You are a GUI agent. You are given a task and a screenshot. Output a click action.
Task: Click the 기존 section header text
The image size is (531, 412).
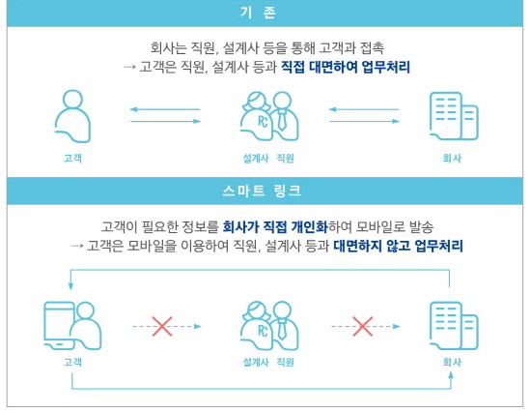pyautogui.click(x=258, y=13)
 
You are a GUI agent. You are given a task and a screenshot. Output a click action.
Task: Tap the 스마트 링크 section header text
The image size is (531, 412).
pyautogui.click(x=262, y=191)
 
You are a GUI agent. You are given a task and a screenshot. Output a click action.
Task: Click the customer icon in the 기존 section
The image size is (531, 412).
pyautogui.click(x=72, y=116)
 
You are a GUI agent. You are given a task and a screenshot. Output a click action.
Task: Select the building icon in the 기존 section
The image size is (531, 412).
pyautogui.click(x=454, y=116)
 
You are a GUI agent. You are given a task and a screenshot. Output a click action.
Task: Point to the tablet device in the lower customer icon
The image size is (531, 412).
pyautogui.click(x=58, y=325)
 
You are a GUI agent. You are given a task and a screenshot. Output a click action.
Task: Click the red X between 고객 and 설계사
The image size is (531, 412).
pyautogui.click(x=162, y=327)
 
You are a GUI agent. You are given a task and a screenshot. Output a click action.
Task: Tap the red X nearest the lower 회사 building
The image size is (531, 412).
pyautogui.click(x=363, y=327)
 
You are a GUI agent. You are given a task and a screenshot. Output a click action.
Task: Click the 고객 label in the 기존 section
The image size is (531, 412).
pyautogui.click(x=72, y=159)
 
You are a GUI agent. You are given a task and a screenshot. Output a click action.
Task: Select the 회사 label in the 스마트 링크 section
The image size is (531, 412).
pyautogui.click(x=452, y=362)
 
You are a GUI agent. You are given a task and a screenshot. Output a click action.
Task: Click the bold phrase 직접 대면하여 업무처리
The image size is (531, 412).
pyautogui.click(x=346, y=67)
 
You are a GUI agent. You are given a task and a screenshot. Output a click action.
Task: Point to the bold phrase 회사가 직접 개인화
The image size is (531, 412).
pyautogui.click(x=275, y=226)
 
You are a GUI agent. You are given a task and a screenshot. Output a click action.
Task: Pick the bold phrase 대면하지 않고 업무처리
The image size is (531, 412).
pyautogui.click(x=398, y=246)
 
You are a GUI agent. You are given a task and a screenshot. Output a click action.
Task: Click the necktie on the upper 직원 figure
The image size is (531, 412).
pyautogui.click(x=281, y=120)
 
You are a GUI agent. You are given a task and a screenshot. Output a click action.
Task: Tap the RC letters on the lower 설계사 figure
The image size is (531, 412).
pyautogui.click(x=263, y=331)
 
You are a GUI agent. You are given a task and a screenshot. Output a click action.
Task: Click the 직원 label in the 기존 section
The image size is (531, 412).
pyautogui.click(x=285, y=159)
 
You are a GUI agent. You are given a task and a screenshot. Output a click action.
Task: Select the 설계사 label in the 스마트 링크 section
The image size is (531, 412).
pyautogui.click(x=256, y=362)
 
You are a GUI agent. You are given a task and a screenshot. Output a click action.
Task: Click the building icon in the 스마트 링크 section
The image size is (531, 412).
pyautogui.click(x=454, y=326)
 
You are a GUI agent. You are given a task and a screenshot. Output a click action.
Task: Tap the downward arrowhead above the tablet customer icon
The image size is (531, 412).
pyautogui.click(x=70, y=286)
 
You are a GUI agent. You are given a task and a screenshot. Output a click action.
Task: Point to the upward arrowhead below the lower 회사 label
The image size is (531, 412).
pyautogui.click(x=451, y=375)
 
